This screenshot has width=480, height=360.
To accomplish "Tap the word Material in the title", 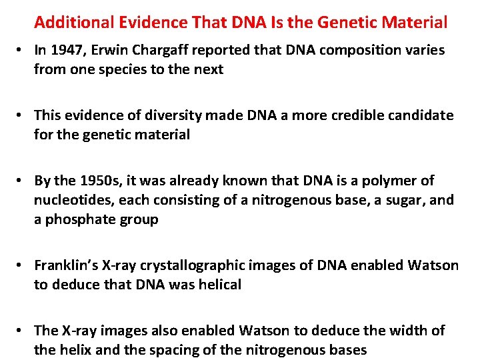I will pos(419,23).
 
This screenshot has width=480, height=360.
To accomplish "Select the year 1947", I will pos(69,51).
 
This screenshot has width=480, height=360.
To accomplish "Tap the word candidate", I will pos(417,116).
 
